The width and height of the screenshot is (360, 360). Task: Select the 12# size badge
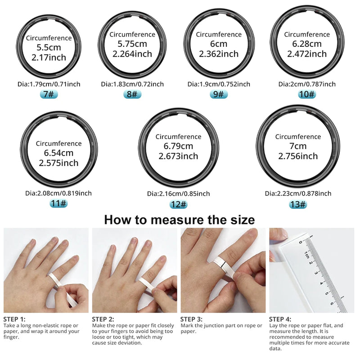[178, 204]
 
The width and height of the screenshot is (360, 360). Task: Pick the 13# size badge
[298, 204]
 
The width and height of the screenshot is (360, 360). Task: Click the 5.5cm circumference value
[48, 48]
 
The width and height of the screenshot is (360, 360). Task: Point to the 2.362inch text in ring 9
[219, 54]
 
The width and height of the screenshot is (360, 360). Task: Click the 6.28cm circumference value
[307, 44]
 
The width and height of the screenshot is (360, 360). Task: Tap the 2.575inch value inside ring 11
[58, 163]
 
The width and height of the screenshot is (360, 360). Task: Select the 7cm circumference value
[298, 146]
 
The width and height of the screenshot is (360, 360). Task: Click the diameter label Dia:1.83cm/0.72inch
[132, 84]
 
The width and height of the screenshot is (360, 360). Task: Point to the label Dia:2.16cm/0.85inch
[178, 193]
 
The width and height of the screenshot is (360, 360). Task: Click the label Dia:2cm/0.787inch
[307, 84]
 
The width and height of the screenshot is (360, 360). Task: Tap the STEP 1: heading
[14, 319]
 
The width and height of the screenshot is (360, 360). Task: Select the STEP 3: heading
[192, 319]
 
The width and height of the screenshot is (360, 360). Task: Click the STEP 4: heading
[280, 319]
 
